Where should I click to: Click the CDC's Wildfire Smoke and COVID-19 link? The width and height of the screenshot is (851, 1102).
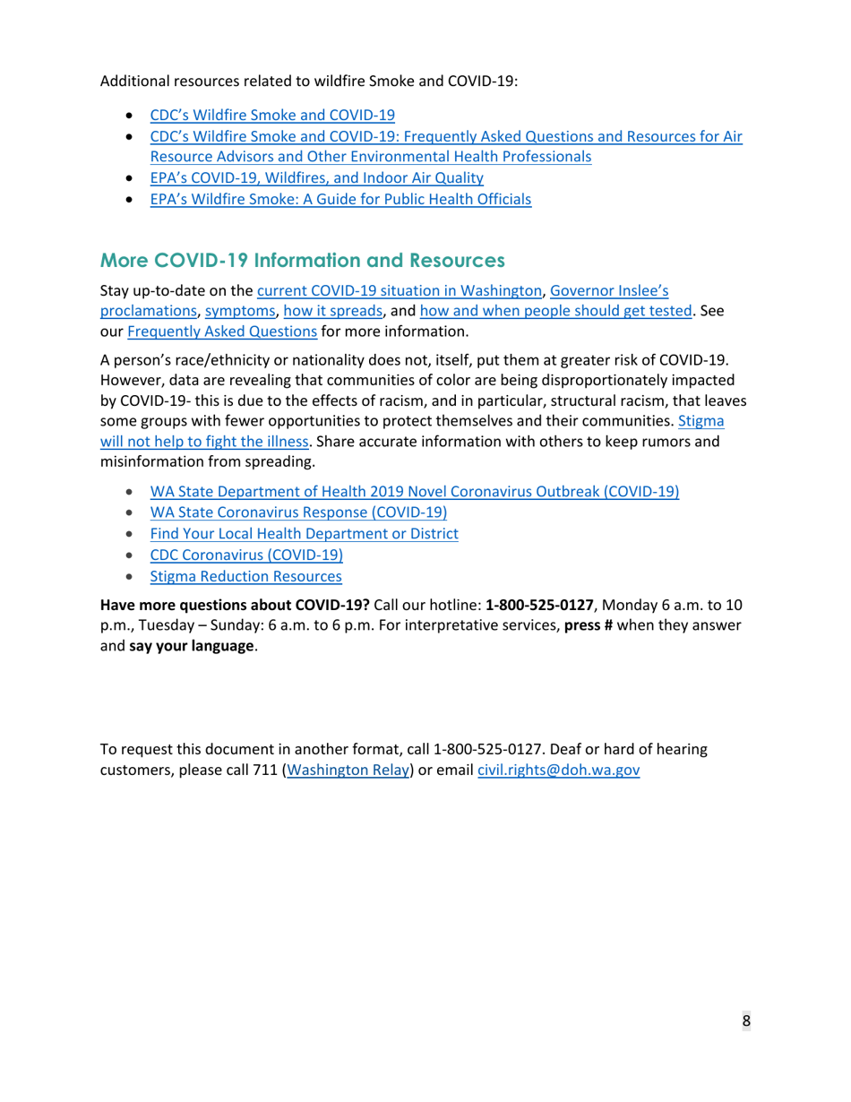(271, 115)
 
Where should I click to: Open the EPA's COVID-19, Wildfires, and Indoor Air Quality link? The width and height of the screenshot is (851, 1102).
(316, 178)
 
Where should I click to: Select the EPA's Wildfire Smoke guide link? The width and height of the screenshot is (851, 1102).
(340, 200)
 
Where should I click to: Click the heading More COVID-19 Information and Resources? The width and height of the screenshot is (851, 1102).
(303, 261)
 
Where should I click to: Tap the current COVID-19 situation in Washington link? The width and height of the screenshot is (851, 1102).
(400, 290)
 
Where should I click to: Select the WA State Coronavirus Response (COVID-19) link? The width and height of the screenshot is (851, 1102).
(298, 512)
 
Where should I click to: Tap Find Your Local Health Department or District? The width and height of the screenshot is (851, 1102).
(304, 534)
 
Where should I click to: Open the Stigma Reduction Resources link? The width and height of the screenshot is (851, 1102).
(245, 577)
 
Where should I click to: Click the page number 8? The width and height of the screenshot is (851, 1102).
(745, 1021)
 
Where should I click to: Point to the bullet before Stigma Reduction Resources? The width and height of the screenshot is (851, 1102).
(132, 577)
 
